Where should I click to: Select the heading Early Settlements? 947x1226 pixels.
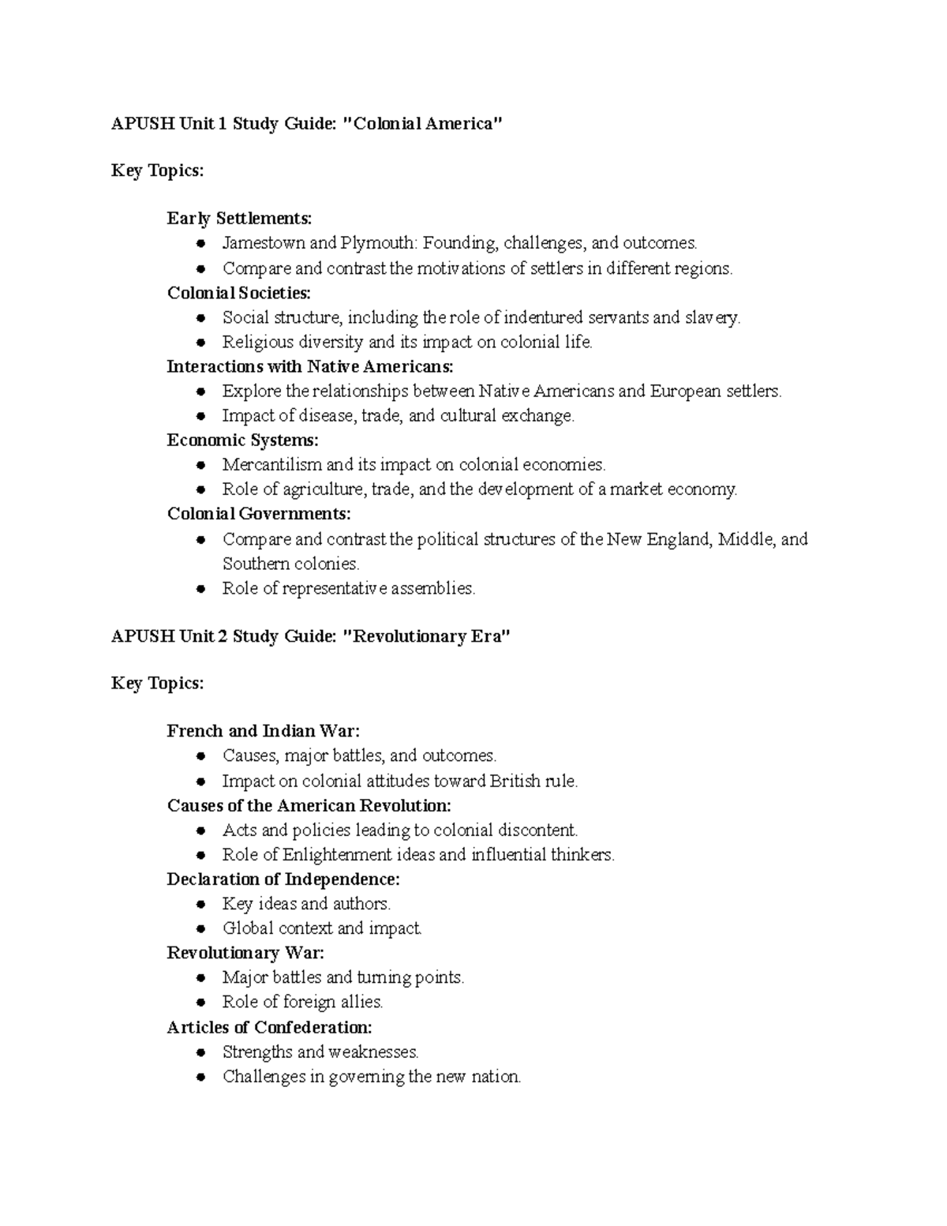coord(239,219)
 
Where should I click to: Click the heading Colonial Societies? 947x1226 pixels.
coord(239,293)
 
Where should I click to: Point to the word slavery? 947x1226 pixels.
coord(713,317)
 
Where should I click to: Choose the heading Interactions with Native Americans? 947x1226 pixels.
coord(310,366)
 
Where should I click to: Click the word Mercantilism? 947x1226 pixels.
coord(271,465)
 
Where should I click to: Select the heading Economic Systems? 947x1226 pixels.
coord(243,441)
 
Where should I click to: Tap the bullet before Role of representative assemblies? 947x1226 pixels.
coord(202,589)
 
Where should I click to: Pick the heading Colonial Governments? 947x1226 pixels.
coord(259,514)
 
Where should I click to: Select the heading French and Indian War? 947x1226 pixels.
coord(263,732)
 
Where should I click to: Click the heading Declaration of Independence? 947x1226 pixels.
coord(283,879)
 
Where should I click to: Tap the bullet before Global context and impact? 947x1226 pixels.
coord(202,929)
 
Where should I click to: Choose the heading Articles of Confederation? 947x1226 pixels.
coord(269,1028)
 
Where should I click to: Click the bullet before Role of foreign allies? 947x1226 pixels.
coord(202,1003)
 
